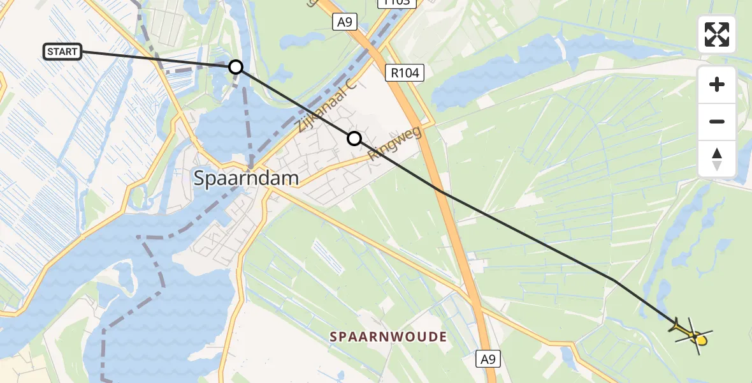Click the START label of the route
click(x=62, y=52)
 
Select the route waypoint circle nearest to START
click(x=236, y=66)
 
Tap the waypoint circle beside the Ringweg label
click(x=354, y=139)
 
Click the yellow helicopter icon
click(x=692, y=333)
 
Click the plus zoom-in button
click(x=717, y=84)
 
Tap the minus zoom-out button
click(x=717, y=121)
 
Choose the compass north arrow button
click(x=717, y=158)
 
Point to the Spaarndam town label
click(x=246, y=179)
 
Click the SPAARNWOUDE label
click(x=387, y=336)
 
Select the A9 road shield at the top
click(x=345, y=22)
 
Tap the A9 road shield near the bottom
click(x=488, y=359)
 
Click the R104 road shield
click(x=405, y=73)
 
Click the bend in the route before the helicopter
click(x=614, y=280)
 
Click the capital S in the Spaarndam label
click(x=199, y=179)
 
